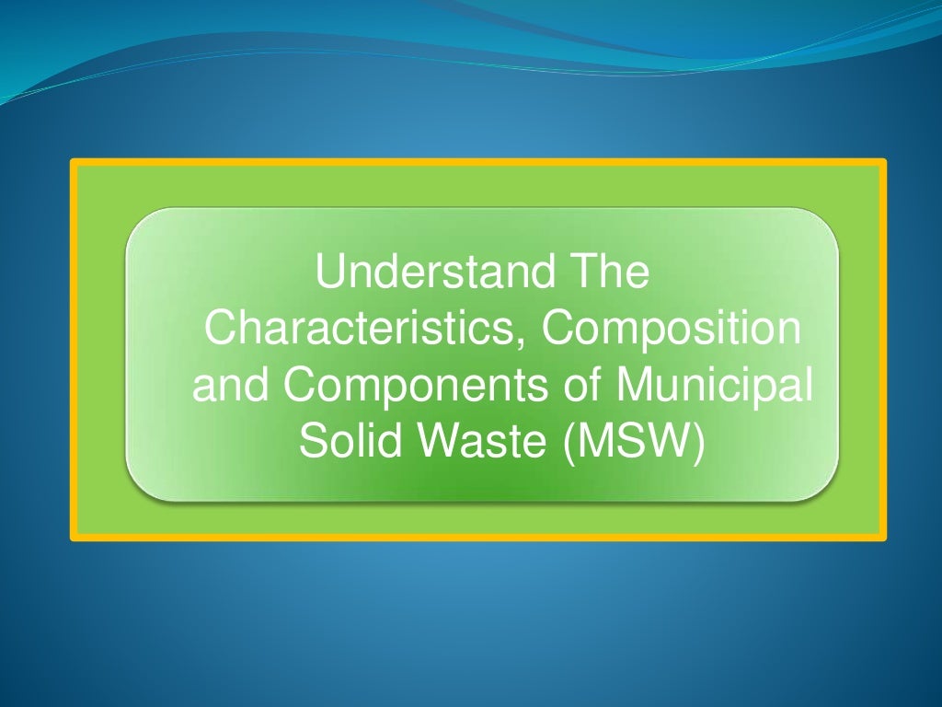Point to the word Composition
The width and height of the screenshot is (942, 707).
(671, 330)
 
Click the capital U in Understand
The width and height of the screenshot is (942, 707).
(329, 273)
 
